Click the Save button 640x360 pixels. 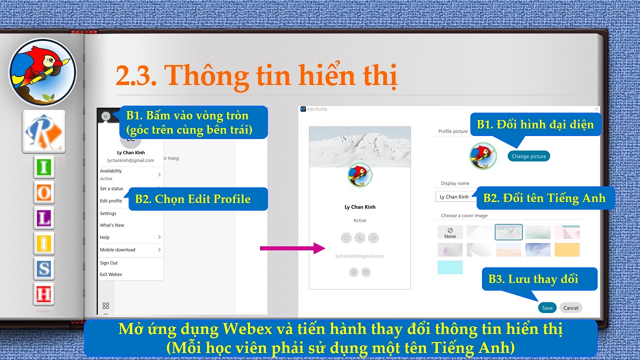[547, 307]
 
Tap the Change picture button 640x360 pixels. [528, 156]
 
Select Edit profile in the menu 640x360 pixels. [111, 201]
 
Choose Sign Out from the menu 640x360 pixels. [109, 263]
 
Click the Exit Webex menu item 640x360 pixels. [111, 274]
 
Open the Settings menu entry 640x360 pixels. [108, 213]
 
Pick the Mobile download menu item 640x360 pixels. [117, 249]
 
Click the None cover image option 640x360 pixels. [450, 232]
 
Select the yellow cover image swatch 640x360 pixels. [567, 250]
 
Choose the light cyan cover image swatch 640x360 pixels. [450, 267]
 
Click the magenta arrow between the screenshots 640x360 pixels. [292, 248]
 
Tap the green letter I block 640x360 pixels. [43, 167]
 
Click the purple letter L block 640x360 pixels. [43, 218]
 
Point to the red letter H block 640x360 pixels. [43, 294]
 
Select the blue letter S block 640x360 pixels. [43, 269]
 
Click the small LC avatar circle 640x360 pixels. [105, 116]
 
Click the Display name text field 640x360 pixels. [456, 196]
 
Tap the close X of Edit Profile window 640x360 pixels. [596, 109]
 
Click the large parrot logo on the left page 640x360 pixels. [43, 72]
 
